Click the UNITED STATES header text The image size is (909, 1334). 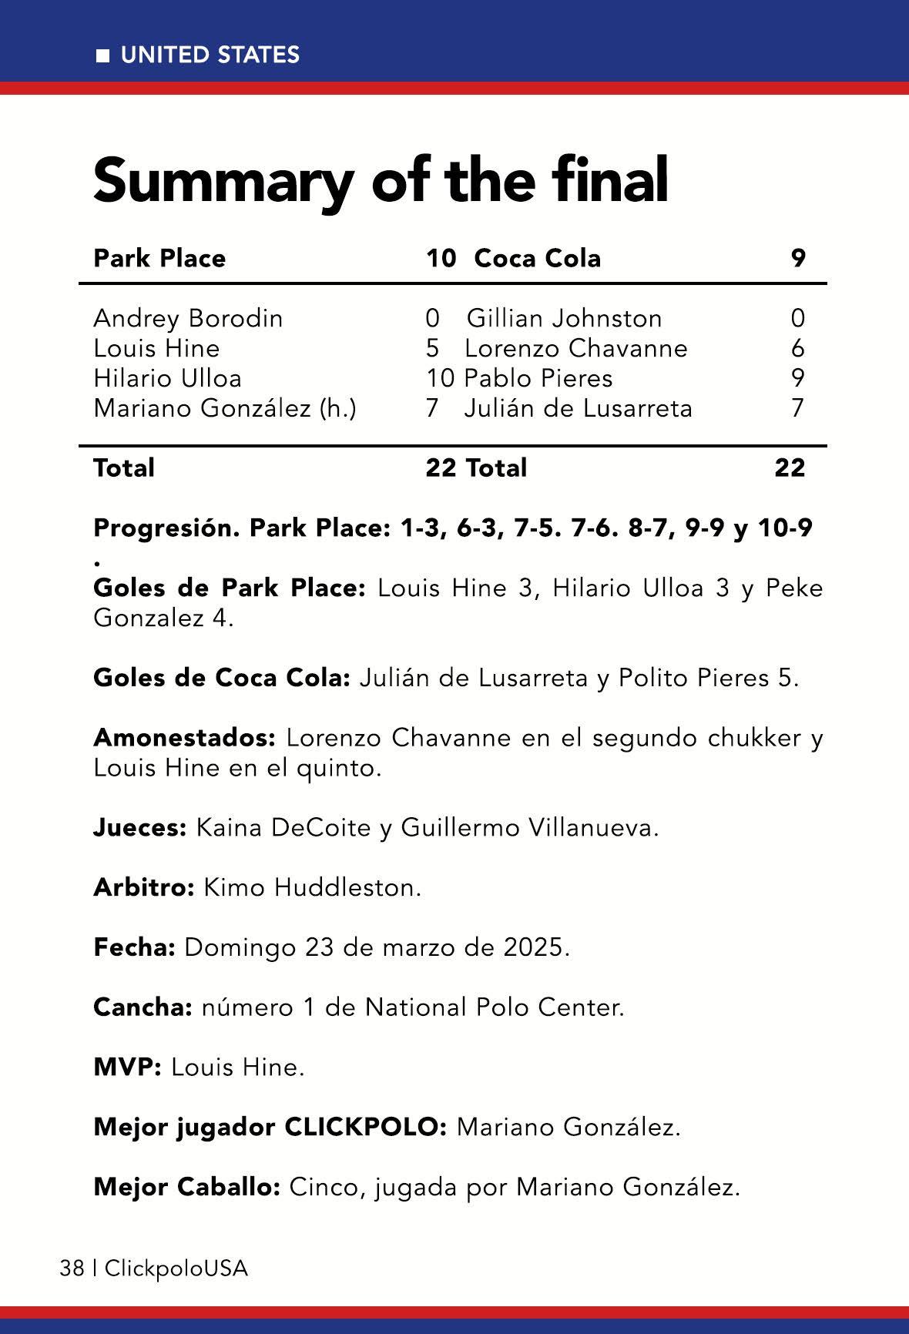click(210, 55)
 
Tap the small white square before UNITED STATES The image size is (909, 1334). click(102, 55)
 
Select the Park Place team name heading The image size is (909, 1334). click(159, 258)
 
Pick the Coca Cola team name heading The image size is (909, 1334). click(537, 258)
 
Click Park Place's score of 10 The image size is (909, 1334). click(441, 258)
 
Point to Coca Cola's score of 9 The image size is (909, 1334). click(798, 258)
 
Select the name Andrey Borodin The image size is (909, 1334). click(188, 318)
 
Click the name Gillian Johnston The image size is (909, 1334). click(564, 318)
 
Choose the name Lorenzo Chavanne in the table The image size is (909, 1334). click(575, 348)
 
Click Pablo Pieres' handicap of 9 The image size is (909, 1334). click(798, 378)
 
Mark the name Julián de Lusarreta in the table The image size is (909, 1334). click(578, 408)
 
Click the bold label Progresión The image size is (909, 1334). click(166, 529)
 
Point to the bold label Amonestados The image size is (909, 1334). click(184, 738)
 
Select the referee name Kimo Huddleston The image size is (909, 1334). click(312, 887)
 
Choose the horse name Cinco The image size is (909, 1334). click(324, 1187)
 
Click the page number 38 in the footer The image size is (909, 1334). click(72, 1269)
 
